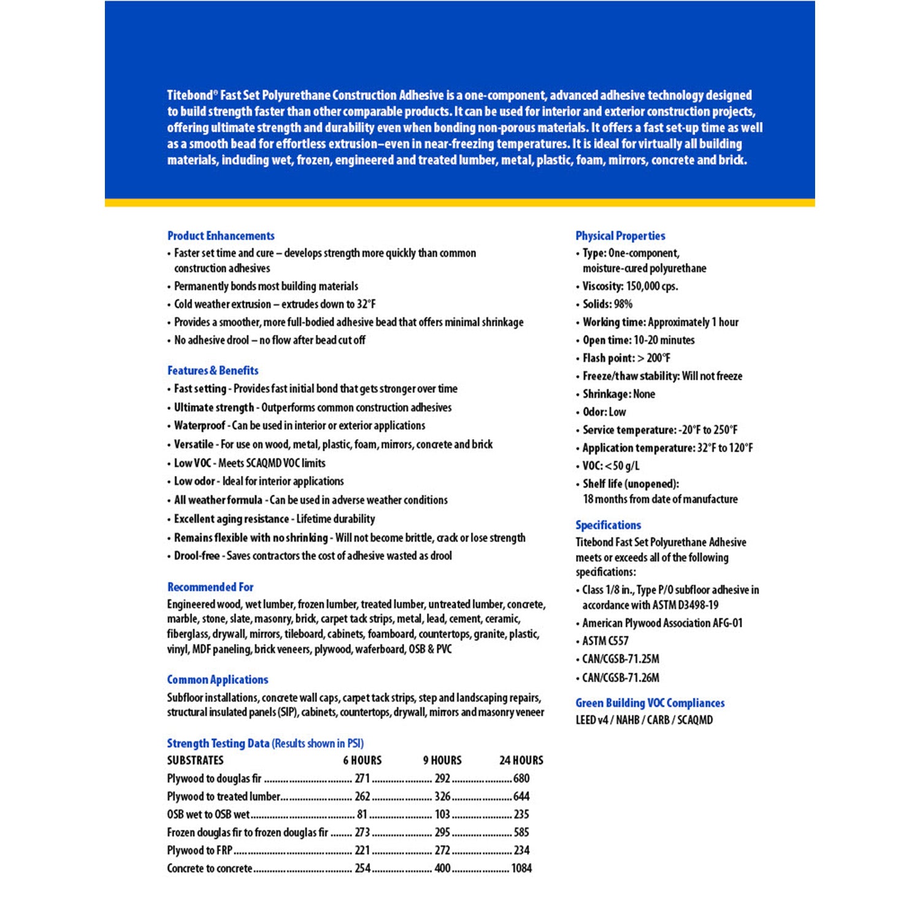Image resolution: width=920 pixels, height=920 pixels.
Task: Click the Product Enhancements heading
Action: coord(221,236)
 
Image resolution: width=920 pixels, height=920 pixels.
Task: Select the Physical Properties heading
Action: coord(620,236)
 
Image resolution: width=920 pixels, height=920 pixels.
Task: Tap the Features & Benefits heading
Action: coord(213,370)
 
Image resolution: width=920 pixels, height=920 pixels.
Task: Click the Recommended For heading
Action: coord(210,587)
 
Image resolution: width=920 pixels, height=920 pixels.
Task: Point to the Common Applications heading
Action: coord(218,680)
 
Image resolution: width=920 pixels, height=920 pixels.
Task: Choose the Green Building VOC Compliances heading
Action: coord(650,703)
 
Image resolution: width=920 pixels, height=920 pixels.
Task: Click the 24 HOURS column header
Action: coord(521,761)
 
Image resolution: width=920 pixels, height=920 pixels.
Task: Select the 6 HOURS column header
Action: coord(362,761)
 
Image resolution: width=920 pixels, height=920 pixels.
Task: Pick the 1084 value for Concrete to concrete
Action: coord(521,868)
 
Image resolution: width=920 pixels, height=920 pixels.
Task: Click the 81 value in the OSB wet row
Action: coord(362,815)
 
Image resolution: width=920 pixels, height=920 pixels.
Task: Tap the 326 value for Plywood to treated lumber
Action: coord(442,797)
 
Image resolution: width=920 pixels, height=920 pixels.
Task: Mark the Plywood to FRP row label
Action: coord(200,851)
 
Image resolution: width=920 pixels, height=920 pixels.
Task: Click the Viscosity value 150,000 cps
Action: coord(652,286)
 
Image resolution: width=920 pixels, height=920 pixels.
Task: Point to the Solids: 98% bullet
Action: coord(607,304)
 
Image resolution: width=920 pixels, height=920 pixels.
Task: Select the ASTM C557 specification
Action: coord(605,641)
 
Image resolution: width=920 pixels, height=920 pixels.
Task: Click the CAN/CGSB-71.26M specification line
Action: coord(621,678)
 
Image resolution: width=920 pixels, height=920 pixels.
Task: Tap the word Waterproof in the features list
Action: coord(199,426)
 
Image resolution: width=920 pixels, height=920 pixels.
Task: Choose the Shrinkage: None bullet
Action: coord(618,394)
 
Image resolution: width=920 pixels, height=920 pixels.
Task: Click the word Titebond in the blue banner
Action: coord(190,96)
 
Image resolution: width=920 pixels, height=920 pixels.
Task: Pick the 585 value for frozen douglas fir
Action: coord(521,832)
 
